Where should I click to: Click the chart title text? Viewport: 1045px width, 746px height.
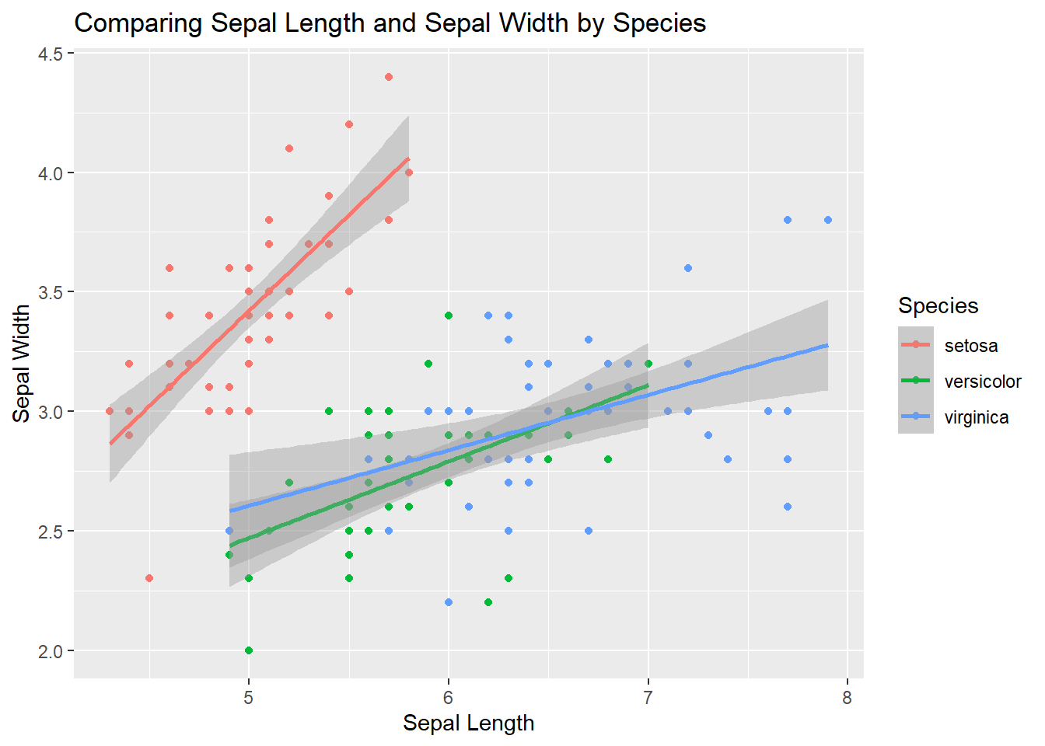tap(390, 23)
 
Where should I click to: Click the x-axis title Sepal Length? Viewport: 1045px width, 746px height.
tap(468, 723)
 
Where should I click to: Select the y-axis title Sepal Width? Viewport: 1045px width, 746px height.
tap(22, 363)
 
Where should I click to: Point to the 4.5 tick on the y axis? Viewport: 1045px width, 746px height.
tap(51, 54)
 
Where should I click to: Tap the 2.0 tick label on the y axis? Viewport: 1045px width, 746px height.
tap(51, 651)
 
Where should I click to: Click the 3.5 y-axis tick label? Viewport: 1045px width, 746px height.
tap(51, 292)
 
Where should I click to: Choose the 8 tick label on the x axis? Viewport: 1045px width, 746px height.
tap(847, 698)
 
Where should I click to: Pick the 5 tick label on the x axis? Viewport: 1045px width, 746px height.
tap(249, 698)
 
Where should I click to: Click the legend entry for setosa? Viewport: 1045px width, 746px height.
tap(970, 346)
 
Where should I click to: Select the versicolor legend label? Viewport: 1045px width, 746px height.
tap(982, 382)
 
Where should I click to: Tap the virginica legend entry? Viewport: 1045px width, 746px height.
tap(976, 417)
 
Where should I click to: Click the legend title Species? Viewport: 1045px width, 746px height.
tap(938, 305)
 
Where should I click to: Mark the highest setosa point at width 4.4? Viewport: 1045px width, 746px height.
tap(389, 77)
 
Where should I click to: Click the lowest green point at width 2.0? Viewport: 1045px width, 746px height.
tap(249, 650)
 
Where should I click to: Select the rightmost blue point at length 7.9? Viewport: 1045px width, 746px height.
tap(828, 220)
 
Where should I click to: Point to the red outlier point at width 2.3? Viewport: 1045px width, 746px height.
tap(149, 578)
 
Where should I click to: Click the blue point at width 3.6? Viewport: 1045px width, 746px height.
tap(688, 268)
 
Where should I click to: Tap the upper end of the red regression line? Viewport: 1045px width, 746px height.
tap(408, 159)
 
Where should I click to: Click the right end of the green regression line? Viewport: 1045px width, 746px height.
tap(648, 385)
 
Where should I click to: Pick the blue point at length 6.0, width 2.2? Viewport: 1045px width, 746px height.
tap(449, 602)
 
